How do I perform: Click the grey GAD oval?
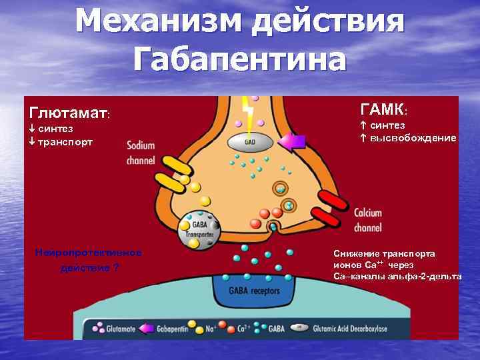point(250,141)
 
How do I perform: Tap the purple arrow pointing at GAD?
point(291,141)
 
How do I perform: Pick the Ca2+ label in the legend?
point(244,329)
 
